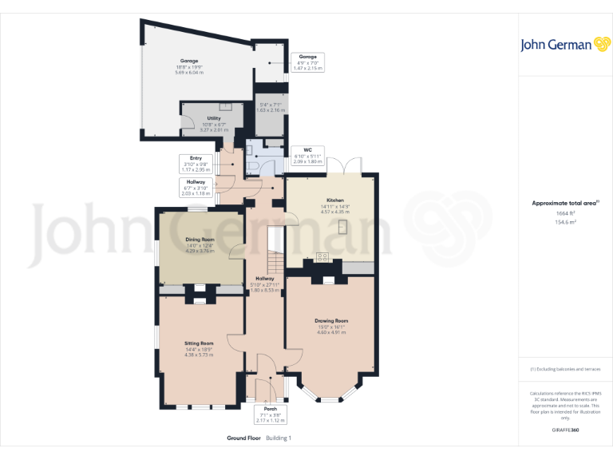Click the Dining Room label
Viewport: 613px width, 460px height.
[200, 240]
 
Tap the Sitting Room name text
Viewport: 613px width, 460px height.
[200, 343]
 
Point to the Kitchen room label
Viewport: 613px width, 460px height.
[334, 200]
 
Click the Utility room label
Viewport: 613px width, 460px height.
[214, 118]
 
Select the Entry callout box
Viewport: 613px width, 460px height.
[196, 163]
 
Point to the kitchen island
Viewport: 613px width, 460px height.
[343, 228]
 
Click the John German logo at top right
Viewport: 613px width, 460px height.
[556, 44]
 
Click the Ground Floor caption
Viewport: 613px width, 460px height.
[243, 438]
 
